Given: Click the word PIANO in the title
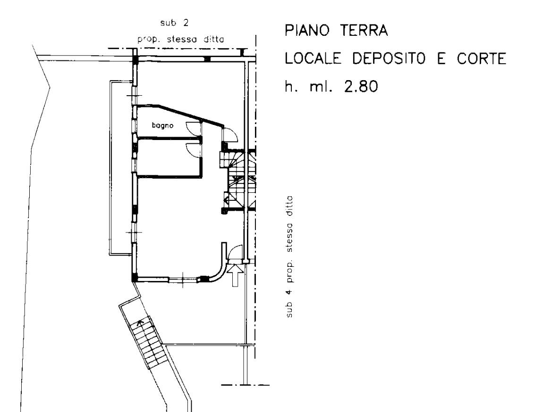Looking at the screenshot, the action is point(307,31).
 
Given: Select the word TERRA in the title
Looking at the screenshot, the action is point(364,31).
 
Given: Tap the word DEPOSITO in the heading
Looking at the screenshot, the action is point(389,58).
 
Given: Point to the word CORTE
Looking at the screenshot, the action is point(482,58).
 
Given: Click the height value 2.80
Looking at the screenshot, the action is point(360,86).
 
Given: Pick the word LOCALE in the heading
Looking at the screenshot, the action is point(313,58).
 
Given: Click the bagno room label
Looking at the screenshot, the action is point(162,125).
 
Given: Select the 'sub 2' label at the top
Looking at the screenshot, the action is point(175,23).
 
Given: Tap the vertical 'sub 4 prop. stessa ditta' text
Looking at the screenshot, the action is point(289,256).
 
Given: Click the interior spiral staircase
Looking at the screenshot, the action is point(238,180).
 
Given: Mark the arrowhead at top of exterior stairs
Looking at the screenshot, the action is point(140,323).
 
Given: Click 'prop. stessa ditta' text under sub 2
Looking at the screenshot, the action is point(181,39).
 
